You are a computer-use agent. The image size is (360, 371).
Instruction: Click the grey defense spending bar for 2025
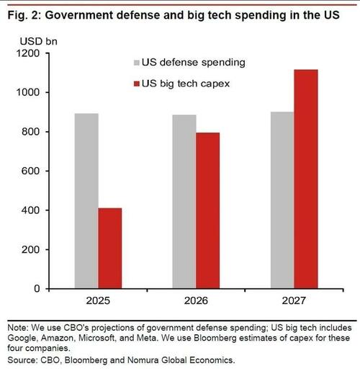(86, 201)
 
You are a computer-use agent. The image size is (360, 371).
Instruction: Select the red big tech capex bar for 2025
(110, 248)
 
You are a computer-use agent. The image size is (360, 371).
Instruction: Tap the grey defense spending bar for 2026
(184, 202)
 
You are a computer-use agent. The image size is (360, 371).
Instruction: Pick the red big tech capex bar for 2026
(207, 210)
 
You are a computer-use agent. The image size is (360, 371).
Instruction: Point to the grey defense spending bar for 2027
(282, 200)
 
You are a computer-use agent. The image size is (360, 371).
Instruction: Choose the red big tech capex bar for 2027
(306, 179)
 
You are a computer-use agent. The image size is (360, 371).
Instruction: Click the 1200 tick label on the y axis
(28, 53)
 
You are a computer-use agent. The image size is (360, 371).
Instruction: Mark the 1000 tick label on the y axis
(28, 92)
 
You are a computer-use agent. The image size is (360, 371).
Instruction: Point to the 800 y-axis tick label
(30, 132)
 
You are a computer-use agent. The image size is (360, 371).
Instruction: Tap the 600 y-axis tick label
(30, 171)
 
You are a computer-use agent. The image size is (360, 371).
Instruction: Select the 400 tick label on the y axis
(30, 210)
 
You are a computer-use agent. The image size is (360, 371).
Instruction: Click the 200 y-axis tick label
(30, 249)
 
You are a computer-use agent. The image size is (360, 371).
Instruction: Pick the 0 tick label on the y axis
(37, 288)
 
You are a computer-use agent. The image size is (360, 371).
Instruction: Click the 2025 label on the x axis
(98, 300)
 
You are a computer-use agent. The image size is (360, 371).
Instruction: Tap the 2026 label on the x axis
(196, 300)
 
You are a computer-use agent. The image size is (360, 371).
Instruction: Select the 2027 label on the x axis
(294, 300)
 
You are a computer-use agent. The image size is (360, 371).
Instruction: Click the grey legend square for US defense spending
(137, 63)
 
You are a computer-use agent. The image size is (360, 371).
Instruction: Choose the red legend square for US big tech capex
(137, 84)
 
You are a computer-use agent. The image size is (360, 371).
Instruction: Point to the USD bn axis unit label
(39, 41)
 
